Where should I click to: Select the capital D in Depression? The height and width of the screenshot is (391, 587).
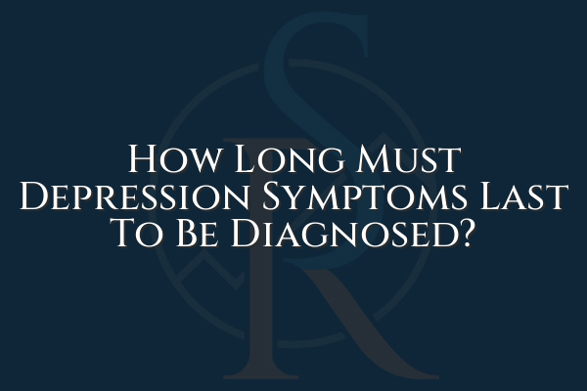pos(35,198)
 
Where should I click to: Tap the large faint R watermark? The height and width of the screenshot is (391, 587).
pos(293,313)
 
